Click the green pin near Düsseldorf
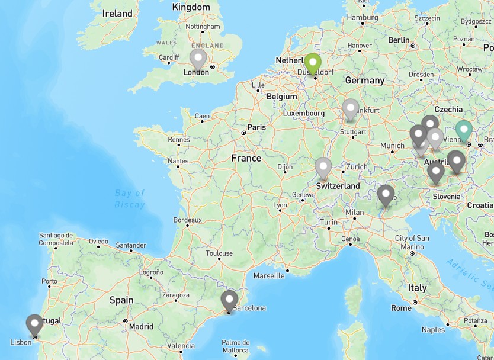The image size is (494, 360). point(313,63)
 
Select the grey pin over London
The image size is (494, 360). point(198,59)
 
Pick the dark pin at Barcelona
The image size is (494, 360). point(229,300)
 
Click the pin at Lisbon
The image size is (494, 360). point(34,324)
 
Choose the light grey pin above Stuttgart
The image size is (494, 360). point(351,109)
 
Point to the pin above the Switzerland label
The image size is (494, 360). point(323,168)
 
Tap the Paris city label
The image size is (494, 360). point(256,127)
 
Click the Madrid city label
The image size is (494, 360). point(141,326)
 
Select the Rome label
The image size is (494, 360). point(401,308)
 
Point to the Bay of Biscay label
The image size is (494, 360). point(130,199)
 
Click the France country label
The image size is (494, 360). point(246,158)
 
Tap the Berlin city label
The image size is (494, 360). point(399,41)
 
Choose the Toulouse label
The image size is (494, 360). point(219,253)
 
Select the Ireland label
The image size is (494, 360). point(117,13)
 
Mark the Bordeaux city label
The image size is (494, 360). point(187,220)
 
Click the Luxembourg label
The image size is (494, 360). point(304,113)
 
